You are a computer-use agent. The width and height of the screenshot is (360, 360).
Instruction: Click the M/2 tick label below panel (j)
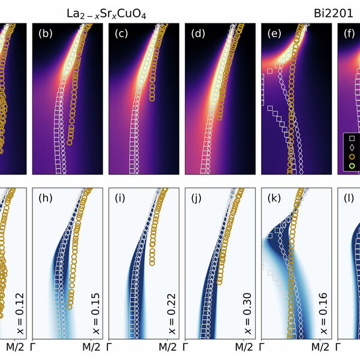click(243, 347)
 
